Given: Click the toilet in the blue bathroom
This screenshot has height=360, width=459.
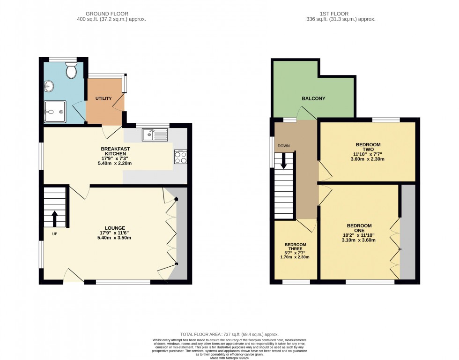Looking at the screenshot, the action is point(71,70).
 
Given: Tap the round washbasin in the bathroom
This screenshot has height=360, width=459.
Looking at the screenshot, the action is point(49,86).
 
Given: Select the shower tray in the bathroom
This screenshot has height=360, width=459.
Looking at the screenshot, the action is point(55,112).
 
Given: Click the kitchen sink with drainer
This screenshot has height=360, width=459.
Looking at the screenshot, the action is point(155,135).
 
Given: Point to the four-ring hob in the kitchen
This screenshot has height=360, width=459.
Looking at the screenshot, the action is point(181,157).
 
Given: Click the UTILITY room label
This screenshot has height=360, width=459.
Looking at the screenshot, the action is point(104,98).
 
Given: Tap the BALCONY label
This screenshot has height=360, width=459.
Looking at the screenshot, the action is point(313,98).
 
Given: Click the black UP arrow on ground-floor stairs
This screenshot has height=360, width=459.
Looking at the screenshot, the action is point(54,219).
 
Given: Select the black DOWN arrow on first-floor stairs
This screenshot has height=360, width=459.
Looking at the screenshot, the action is point(284,162).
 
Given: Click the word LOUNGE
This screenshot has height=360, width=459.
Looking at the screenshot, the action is point(115,228).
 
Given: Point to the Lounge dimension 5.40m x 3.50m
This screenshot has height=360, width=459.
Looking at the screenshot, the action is point(114,238).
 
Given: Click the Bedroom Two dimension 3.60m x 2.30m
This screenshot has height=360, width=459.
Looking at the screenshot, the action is point(368,159).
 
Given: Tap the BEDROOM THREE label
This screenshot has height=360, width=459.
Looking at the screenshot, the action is point(296,247).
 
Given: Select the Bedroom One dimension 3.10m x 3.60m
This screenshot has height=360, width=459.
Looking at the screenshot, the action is point(359,240).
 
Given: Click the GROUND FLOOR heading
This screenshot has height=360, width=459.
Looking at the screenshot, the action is point(107,14).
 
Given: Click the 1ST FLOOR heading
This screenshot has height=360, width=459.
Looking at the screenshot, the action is point(334,14).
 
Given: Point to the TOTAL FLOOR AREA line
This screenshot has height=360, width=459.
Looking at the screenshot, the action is point(229,334).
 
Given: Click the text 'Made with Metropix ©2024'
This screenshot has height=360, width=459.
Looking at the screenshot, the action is point(229,358).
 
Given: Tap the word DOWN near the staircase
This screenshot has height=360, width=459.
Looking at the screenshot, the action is point(284,146).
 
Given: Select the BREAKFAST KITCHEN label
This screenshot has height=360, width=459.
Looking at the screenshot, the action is point(115,151).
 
